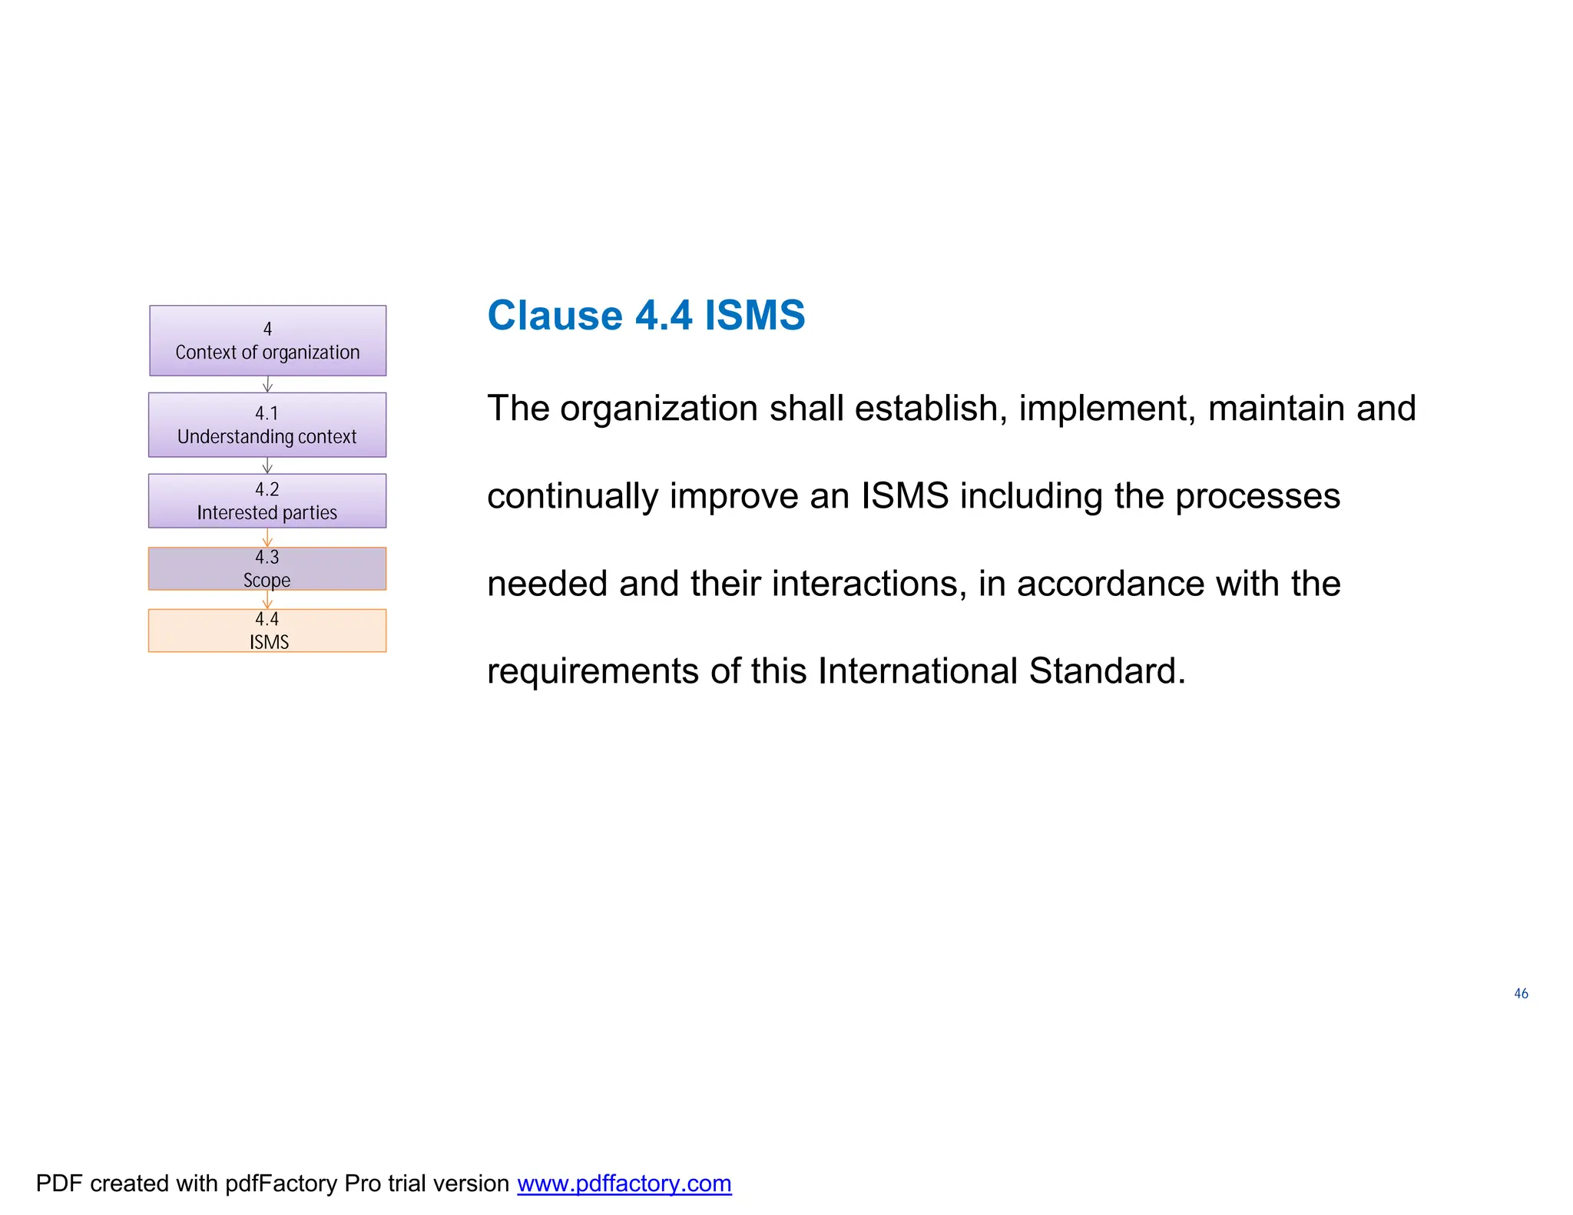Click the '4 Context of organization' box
coord(267,340)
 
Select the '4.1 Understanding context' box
coord(267,425)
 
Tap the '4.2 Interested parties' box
coord(267,501)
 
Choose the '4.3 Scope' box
coord(267,568)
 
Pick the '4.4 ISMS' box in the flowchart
coord(267,631)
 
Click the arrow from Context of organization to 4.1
coord(267,384)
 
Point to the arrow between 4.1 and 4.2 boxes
coord(267,465)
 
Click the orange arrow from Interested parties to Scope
coord(267,538)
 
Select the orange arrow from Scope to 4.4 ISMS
coord(267,600)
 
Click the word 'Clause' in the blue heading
coord(555,316)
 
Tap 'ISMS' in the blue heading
coord(754,316)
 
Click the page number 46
coord(1521,994)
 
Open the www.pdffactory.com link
coord(624,1184)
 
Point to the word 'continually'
coord(572,497)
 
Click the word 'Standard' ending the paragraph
coord(1106,671)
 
